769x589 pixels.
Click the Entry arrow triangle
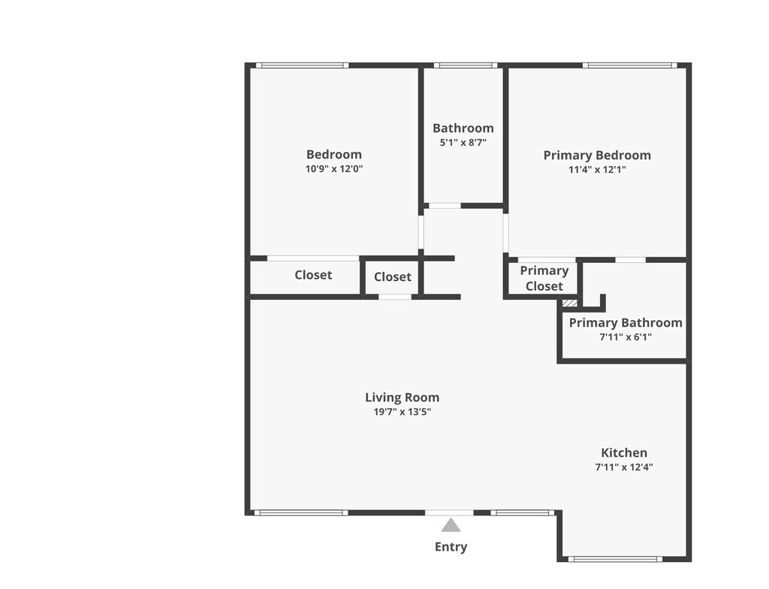(x=451, y=525)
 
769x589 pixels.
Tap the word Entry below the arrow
(x=451, y=547)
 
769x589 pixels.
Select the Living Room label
(x=403, y=397)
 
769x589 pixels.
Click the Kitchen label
(x=624, y=453)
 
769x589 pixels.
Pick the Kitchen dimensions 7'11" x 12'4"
(x=624, y=467)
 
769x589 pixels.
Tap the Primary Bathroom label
(x=626, y=323)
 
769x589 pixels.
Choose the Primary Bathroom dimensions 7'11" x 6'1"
(x=626, y=337)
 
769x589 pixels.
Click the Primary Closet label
(x=544, y=278)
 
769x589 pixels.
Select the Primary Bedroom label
(x=597, y=156)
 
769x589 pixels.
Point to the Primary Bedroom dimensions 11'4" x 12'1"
(x=597, y=170)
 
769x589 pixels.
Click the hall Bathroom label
(x=463, y=128)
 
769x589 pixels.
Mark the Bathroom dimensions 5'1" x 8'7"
(x=463, y=142)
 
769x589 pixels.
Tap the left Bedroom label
(x=334, y=155)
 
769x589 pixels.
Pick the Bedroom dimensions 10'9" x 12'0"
(x=334, y=169)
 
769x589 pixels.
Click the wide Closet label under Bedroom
(x=313, y=275)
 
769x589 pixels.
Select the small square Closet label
(x=393, y=277)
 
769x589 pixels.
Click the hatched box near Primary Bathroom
(x=570, y=304)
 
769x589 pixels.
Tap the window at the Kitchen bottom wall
(x=614, y=559)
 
